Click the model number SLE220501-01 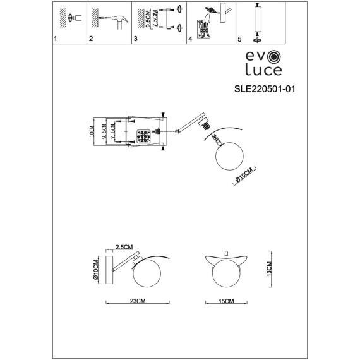pyautogui.click(x=265, y=89)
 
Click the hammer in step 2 pyautogui.click(x=120, y=22)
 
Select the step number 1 pyautogui.click(x=55, y=39)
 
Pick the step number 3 pyautogui.click(x=135, y=39)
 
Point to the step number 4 pyautogui.click(x=190, y=39)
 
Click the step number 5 pyautogui.click(x=239, y=39)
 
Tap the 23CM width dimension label pyautogui.click(x=138, y=301)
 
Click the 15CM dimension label pyautogui.click(x=226, y=301)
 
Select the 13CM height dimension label pyautogui.click(x=270, y=269)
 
